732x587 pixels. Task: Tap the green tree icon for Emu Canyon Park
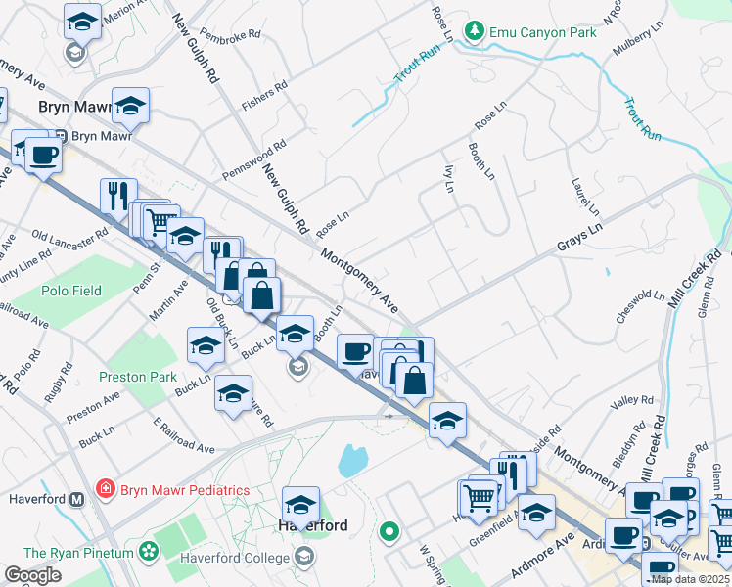pos(475,31)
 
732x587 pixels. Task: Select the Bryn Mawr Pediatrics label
pos(184,489)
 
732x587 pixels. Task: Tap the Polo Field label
pos(72,291)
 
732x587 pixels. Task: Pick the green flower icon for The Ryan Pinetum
pos(149,553)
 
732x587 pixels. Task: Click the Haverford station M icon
pos(77,499)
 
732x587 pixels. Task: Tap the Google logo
pos(33,575)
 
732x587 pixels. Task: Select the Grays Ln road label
pos(577,239)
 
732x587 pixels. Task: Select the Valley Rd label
pos(631,400)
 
